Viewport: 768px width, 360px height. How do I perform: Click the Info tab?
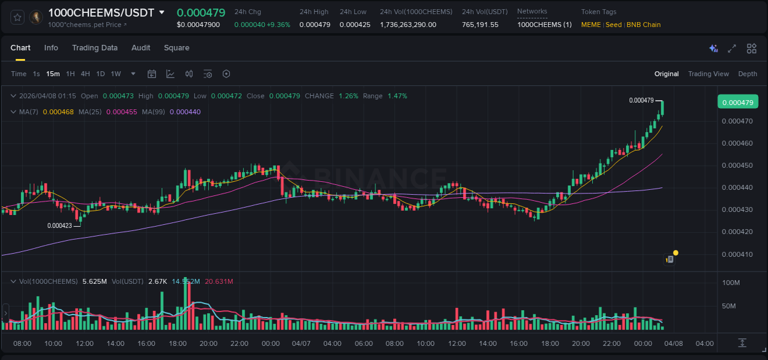tap(51, 48)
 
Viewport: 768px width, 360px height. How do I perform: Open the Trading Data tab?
tap(95, 48)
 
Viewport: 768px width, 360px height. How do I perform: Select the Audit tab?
tap(141, 48)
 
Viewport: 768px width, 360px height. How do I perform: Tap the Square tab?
tap(176, 48)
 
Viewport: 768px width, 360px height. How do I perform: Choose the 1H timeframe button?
tap(71, 74)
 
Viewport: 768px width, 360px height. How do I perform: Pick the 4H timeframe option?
tap(85, 74)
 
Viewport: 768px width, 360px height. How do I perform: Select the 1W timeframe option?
tap(116, 74)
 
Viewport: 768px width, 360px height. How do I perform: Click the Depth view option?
tap(747, 74)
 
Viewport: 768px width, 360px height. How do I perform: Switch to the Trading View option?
tap(708, 74)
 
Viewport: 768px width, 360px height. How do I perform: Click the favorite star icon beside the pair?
tap(17, 17)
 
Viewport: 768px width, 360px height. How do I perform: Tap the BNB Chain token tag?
tap(643, 25)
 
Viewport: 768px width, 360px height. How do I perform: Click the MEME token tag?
tap(591, 25)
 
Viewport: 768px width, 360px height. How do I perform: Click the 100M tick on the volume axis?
tap(730, 283)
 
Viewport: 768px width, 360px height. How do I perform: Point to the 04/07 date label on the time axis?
tap(301, 343)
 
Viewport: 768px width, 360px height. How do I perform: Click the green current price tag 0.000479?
tap(738, 102)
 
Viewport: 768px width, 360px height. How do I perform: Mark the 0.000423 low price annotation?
tap(60, 225)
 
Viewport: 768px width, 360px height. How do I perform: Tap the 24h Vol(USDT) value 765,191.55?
tap(480, 25)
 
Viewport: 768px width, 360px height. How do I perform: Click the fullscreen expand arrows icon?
tap(732, 49)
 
